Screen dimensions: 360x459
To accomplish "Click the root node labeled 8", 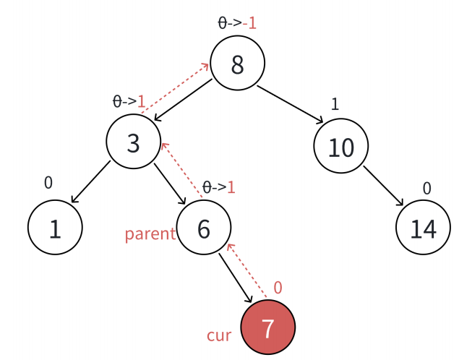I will [x=238, y=64].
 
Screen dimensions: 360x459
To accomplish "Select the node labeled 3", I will [x=134, y=142].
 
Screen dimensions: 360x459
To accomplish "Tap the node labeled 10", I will [x=340, y=147].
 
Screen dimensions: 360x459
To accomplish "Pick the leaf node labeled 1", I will [x=55, y=228].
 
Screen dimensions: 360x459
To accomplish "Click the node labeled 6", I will [x=204, y=228].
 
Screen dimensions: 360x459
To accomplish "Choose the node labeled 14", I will [x=424, y=228].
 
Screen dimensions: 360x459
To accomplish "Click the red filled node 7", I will [x=268, y=328].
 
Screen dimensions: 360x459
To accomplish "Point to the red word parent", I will [x=150, y=233].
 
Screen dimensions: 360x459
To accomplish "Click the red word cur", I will [x=218, y=335].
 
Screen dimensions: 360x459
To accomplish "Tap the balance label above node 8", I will [x=237, y=22].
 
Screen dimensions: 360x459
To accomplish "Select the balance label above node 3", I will [x=129, y=101].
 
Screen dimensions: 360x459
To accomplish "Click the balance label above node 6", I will [x=218, y=187].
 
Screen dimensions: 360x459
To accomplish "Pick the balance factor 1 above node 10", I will [x=335, y=104].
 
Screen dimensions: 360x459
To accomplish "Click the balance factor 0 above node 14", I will [x=426, y=189].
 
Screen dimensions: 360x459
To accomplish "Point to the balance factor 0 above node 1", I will [x=48, y=183].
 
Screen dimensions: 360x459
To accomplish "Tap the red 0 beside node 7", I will [x=278, y=288].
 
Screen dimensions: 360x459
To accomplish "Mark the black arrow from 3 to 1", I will [x=90, y=181].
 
